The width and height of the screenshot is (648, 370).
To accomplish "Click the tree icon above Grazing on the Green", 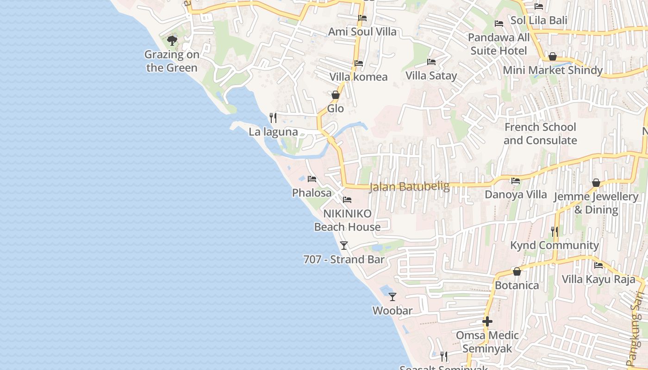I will click(x=172, y=41).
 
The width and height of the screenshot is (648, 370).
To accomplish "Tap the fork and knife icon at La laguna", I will click(x=273, y=118).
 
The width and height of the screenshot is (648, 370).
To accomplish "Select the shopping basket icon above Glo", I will click(x=336, y=95).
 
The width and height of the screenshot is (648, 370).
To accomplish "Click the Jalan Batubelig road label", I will click(x=410, y=186).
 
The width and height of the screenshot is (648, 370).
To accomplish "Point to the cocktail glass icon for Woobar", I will click(x=393, y=296).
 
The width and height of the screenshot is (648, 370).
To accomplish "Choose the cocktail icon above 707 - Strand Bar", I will click(x=343, y=246).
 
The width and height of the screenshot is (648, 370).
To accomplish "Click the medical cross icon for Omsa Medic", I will click(x=487, y=321).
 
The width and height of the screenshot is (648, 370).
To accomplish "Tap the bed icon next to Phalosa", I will click(x=312, y=179).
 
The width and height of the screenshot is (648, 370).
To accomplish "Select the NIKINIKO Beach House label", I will click(x=347, y=220).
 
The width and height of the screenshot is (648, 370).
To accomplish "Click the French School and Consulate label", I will click(x=540, y=134).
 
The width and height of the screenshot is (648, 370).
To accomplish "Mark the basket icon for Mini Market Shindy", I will click(x=552, y=57).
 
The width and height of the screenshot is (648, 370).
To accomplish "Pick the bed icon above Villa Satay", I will click(x=431, y=62).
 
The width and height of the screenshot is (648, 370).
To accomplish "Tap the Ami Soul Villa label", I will click(x=362, y=31).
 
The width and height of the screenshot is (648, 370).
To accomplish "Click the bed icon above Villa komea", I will click(x=359, y=63).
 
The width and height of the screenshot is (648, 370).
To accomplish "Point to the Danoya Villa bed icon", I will click(x=516, y=181).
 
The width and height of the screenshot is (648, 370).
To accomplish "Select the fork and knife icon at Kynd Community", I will click(x=555, y=231).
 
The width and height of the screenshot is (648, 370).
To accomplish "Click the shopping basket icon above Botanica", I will click(x=517, y=271).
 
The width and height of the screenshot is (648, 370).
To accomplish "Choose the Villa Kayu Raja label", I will click(x=598, y=279).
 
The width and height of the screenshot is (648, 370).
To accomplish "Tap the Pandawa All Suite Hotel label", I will click(x=499, y=44).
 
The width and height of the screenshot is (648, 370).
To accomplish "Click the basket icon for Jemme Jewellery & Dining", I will click(x=596, y=183).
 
